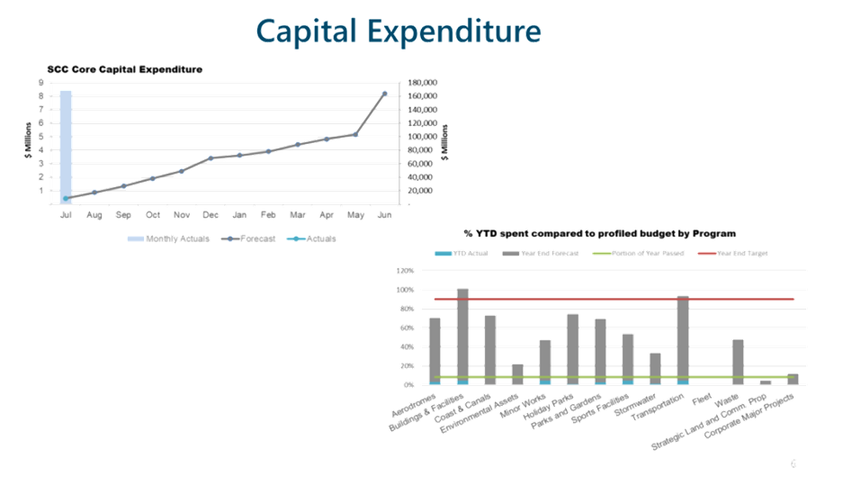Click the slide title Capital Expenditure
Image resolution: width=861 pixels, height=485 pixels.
tap(399, 31)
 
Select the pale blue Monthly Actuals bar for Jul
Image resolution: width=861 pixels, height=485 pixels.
tap(66, 144)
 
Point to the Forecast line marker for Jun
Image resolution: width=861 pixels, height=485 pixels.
tap(385, 93)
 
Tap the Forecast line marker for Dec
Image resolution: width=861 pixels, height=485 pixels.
tap(211, 157)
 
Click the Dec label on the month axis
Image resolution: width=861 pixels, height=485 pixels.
tap(211, 216)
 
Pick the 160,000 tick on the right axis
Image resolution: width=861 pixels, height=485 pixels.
tap(423, 95)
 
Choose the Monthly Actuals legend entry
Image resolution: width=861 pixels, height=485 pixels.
tap(168, 238)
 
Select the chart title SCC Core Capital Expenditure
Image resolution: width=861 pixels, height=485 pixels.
tap(125, 69)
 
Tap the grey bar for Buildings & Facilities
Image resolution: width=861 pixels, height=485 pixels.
tap(462, 335)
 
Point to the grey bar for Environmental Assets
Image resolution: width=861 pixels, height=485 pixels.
tap(517, 373)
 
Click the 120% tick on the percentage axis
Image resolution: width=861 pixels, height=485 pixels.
tap(404, 270)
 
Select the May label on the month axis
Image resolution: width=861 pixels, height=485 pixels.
tap(355, 216)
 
